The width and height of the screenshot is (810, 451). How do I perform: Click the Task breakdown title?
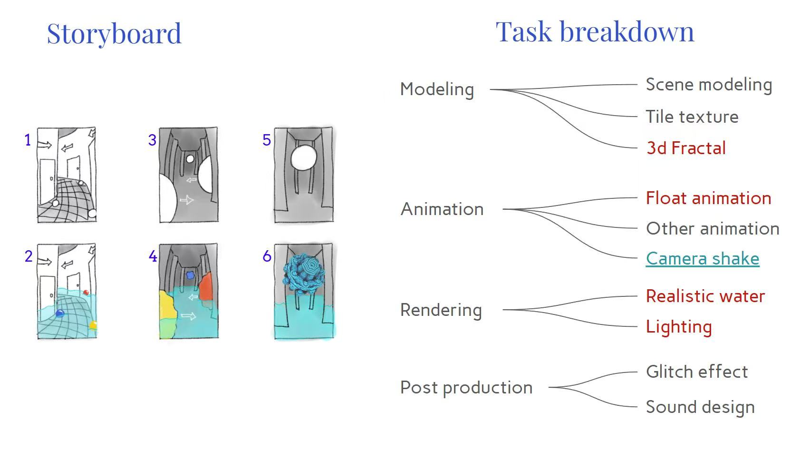(x=595, y=32)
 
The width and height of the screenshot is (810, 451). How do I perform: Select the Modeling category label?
(x=437, y=89)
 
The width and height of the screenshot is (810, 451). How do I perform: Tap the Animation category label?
(x=442, y=209)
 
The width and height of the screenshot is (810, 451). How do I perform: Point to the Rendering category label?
(x=441, y=310)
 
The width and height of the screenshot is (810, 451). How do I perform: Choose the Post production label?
(x=466, y=388)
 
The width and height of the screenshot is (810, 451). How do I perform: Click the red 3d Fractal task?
(x=686, y=148)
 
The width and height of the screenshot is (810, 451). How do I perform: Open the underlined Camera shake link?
(x=703, y=259)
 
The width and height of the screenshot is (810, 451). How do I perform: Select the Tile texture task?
(x=692, y=117)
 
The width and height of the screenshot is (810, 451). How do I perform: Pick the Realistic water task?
(x=705, y=296)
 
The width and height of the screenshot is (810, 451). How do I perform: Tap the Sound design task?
(x=700, y=407)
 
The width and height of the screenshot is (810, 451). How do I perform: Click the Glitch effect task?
(x=697, y=372)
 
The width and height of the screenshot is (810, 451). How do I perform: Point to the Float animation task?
(x=708, y=198)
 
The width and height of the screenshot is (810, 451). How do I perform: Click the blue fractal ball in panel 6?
(x=304, y=273)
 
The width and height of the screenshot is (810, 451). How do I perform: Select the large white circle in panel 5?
(x=303, y=158)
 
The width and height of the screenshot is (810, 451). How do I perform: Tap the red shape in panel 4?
(x=206, y=287)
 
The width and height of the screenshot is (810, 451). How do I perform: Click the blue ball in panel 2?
(x=60, y=313)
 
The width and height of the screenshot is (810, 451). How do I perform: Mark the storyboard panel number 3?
(x=152, y=140)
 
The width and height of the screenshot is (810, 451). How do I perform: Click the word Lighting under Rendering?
(x=679, y=327)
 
